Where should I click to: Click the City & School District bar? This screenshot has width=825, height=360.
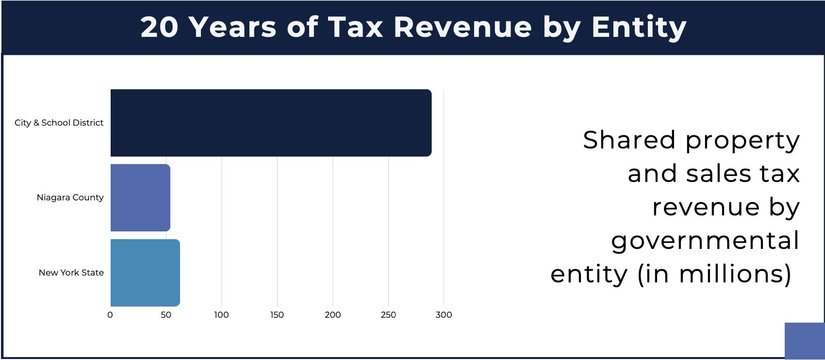271,123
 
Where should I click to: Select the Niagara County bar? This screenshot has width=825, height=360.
140,197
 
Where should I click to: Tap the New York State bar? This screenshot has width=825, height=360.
145,273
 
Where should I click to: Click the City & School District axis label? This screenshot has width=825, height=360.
59,123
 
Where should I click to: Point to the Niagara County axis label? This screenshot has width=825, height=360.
70,197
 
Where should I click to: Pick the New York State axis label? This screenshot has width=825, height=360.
71,273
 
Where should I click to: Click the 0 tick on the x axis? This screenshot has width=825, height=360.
110,315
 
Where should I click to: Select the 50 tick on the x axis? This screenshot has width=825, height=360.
166,315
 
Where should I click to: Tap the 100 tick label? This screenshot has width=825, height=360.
221,315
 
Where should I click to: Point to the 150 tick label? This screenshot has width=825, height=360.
277,315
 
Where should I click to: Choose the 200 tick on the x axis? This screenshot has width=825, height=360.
333,315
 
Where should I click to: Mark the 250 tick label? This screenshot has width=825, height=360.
388,315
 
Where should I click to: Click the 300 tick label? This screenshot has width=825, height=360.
444,315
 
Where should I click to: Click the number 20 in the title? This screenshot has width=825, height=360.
160,27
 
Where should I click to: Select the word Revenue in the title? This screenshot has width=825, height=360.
463,27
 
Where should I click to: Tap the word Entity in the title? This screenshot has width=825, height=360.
639,27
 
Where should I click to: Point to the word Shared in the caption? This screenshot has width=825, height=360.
628,140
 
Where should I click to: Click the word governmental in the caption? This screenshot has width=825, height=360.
705,241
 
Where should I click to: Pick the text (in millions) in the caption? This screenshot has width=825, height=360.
714,274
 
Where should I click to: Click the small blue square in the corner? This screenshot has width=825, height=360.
804,341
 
